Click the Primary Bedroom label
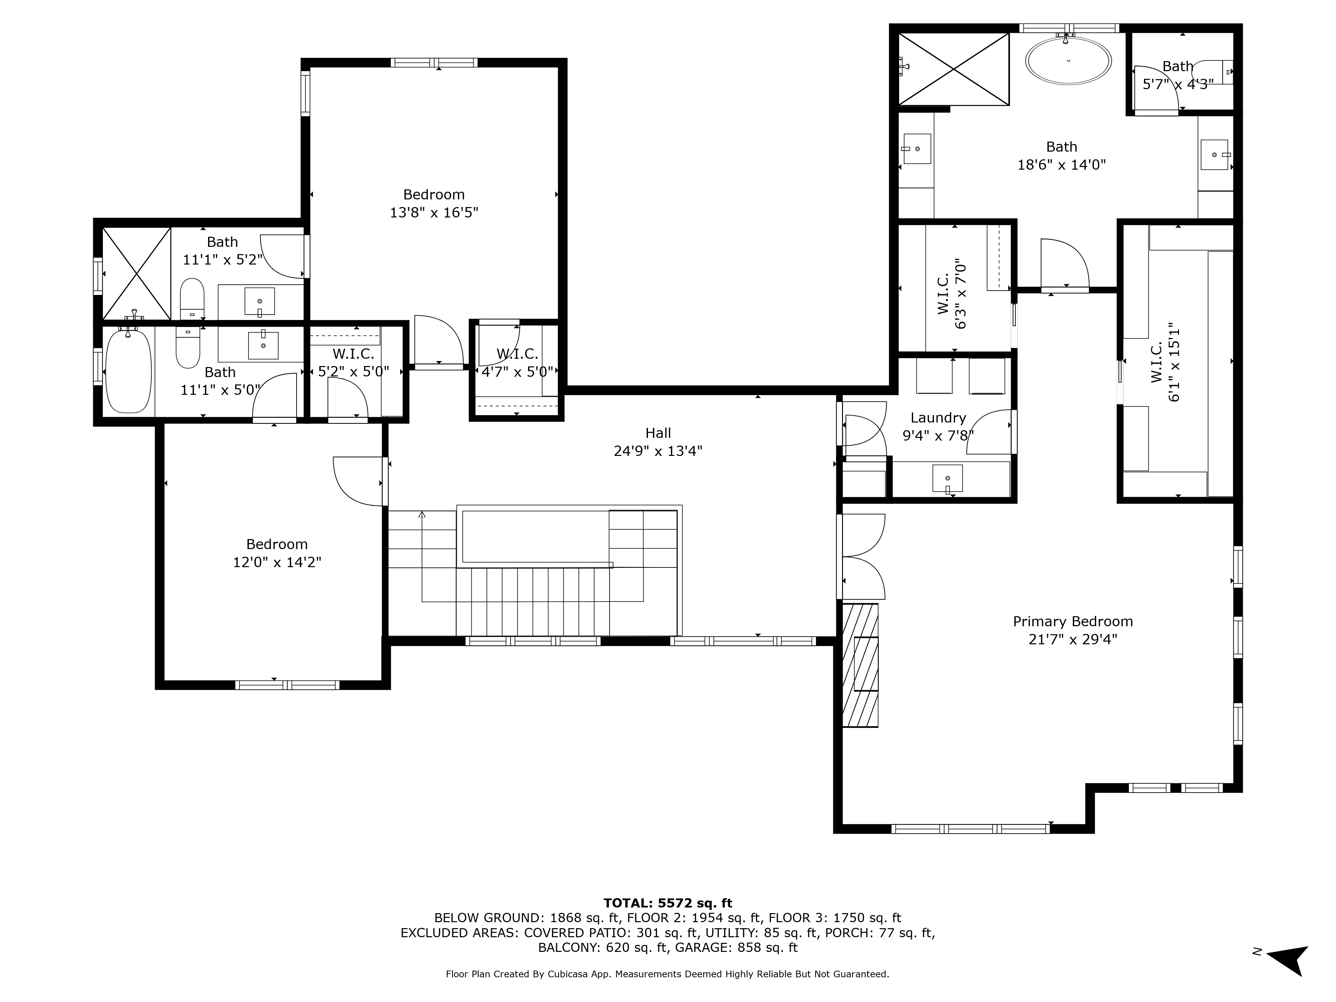[x=1073, y=622]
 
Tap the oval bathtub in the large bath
[x=1068, y=60]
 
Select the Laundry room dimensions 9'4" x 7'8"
[x=938, y=436]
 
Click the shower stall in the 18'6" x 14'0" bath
[x=954, y=69]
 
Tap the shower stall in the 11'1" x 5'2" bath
[x=137, y=273]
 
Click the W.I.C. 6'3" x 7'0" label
[x=952, y=294]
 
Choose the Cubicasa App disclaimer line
[x=667, y=974]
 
